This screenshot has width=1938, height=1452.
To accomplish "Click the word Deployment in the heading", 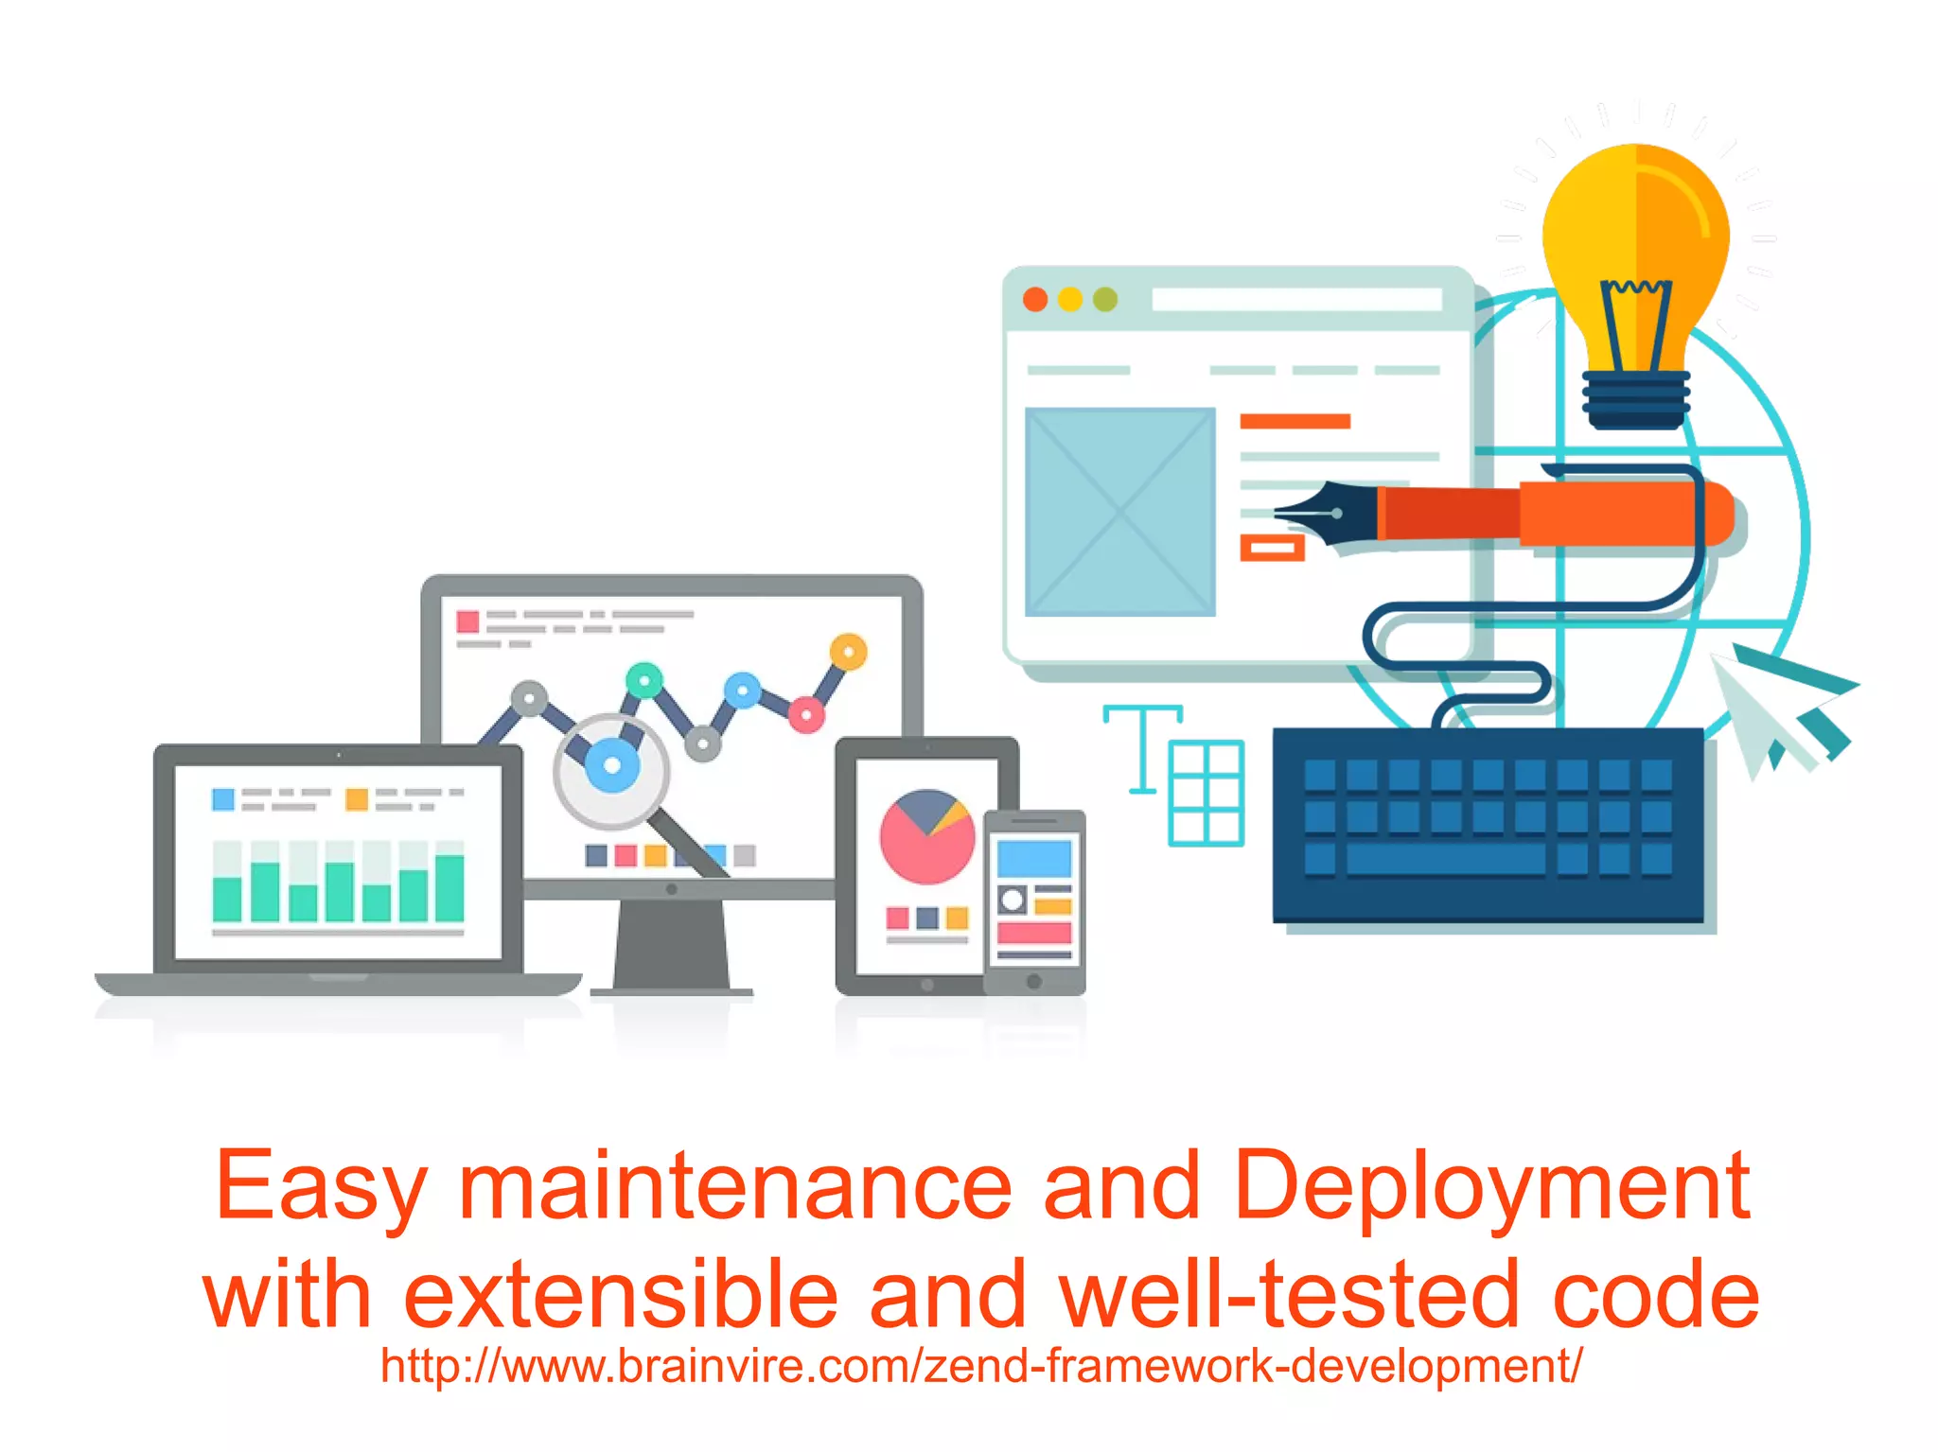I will tap(1492, 1187).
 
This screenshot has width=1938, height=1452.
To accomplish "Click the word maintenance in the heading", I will tap(735, 1187).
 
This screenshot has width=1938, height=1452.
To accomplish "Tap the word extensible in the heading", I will tap(621, 1295).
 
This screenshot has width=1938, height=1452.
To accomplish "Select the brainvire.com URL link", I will tap(981, 1366).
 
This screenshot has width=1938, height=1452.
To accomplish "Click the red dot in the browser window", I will tap(1035, 300).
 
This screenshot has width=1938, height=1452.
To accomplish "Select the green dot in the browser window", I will tap(1105, 300).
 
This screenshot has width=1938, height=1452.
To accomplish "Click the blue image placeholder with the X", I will tap(1120, 512).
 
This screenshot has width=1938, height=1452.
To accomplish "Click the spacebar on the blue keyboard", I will tap(1445, 859).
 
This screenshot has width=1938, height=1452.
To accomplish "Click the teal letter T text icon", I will tap(1143, 747).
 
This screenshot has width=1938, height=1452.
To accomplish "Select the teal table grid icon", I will tap(1207, 793).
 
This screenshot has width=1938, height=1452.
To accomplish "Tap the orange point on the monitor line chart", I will tap(849, 652).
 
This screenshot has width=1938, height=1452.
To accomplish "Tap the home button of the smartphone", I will tap(1034, 981).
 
